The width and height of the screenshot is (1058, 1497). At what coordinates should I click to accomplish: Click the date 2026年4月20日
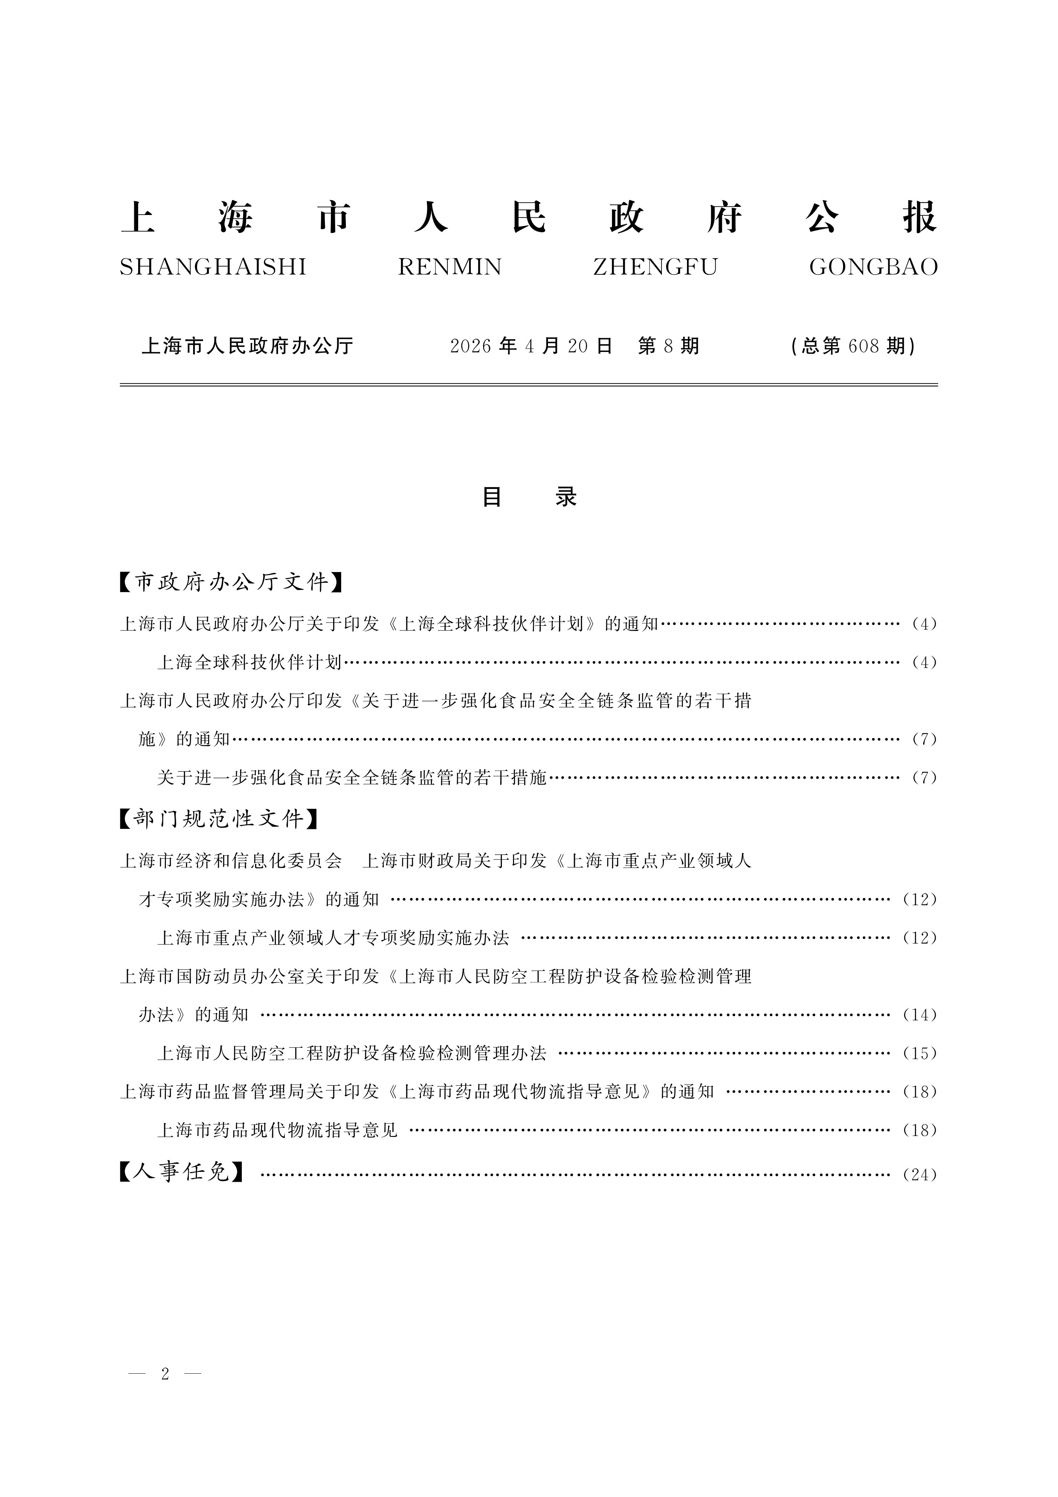click(531, 346)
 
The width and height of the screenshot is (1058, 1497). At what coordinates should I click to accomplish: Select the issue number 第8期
click(668, 346)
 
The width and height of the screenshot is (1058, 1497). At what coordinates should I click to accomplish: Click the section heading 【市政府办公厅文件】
click(232, 581)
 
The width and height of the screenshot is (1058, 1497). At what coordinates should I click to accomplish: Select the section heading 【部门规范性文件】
click(219, 818)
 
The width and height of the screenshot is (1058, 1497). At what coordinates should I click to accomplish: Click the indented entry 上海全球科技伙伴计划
click(249, 663)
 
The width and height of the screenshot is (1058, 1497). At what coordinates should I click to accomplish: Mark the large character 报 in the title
click(919, 217)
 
